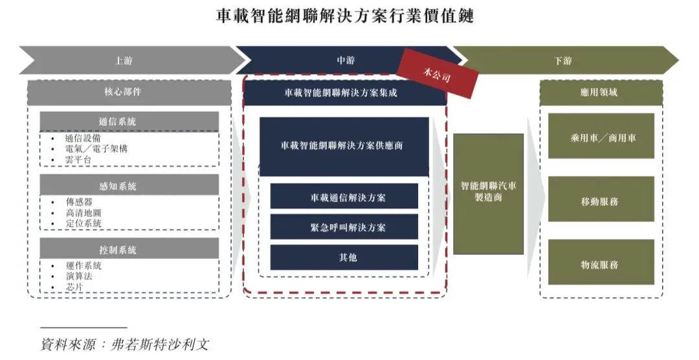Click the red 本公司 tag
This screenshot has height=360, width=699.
[x=437, y=73]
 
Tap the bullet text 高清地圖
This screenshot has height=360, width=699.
[x=83, y=212]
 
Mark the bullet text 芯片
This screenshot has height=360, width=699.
[x=74, y=286]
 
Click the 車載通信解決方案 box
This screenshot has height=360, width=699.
[x=344, y=197]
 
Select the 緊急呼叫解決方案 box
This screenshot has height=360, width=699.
[x=344, y=227]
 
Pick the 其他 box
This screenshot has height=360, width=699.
[x=344, y=257]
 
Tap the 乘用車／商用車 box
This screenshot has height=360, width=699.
[x=601, y=137]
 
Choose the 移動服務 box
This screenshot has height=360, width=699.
[x=601, y=201]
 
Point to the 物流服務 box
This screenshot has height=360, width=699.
[x=601, y=264]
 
